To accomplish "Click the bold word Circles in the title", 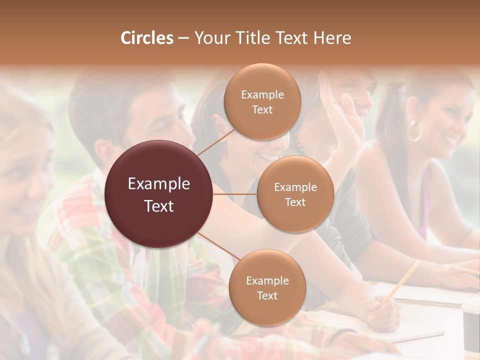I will pos(146,38).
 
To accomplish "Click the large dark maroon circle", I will pos(159,194).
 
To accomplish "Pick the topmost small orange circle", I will pos(262,102).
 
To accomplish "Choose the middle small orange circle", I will pos(295,194).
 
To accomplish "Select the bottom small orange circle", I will pos(267,287).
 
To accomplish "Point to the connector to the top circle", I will pos(216,142).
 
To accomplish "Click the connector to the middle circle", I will pos(235,194).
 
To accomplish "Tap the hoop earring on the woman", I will pos(414,131).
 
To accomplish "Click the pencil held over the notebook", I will pos(403,280).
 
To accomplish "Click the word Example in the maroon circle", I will pos(159,183).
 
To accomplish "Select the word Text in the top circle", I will pos(262,109).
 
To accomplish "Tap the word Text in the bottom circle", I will pos(267,295).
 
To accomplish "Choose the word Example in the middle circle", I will pos(295,187).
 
